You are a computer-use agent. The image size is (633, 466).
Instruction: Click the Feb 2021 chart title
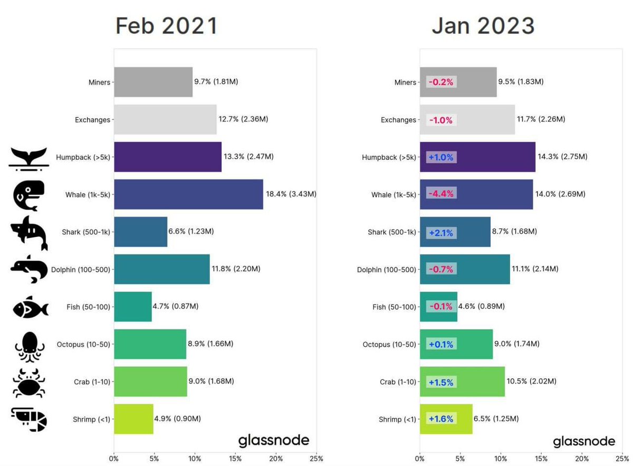(166, 26)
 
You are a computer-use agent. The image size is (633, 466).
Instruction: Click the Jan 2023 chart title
(483, 26)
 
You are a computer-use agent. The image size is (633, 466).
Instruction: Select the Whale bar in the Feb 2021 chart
(188, 194)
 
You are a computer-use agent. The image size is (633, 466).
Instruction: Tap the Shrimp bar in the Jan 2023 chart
(446, 419)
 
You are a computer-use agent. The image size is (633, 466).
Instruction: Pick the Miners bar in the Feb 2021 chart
(153, 82)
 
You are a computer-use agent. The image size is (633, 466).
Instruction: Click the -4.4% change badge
(441, 194)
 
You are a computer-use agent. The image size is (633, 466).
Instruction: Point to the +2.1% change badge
(441, 232)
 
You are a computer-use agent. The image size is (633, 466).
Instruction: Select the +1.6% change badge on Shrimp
(441, 419)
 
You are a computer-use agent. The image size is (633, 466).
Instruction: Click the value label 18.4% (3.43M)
(290, 194)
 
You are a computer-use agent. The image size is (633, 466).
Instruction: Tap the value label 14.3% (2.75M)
(563, 157)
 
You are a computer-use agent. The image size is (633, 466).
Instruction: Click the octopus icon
(29, 346)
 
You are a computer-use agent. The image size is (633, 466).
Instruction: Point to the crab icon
(29, 383)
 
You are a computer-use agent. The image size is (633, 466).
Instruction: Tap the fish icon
(31, 308)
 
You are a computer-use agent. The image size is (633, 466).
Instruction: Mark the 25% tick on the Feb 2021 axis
(316, 459)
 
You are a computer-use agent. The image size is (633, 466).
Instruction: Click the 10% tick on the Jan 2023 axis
(501, 459)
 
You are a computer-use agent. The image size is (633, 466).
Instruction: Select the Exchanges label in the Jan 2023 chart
(398, 120)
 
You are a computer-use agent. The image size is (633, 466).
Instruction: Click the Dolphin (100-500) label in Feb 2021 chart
(81, 270)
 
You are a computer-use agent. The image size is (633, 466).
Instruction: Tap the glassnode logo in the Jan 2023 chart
(584, 441)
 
